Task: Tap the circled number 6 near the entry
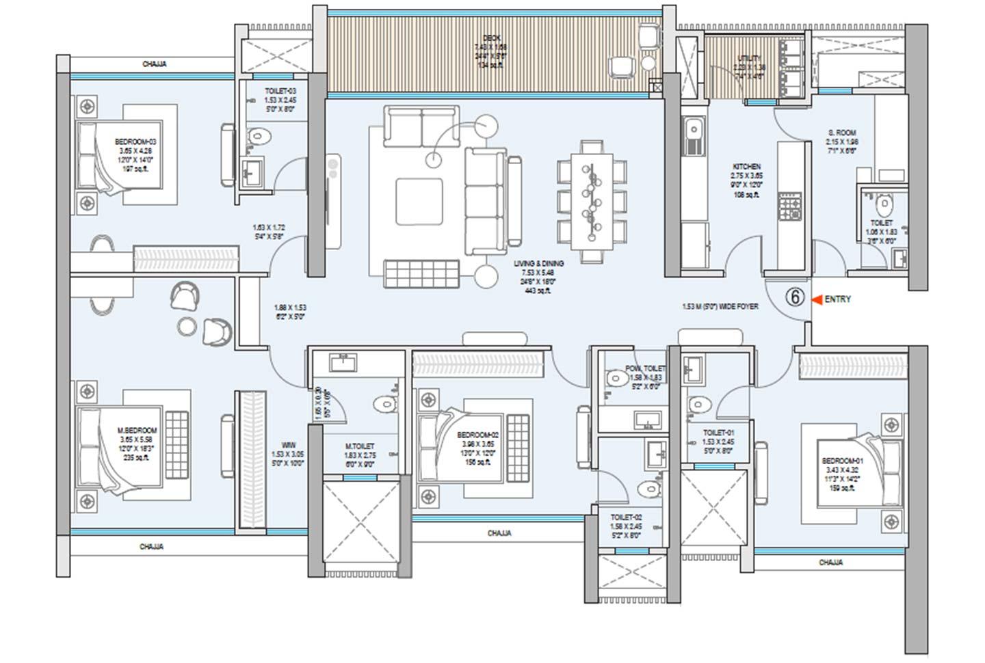[x=794, y=298]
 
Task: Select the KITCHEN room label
[x=746, y=167]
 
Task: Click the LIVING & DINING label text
[x=539, y=263]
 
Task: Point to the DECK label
[x=491, y=38]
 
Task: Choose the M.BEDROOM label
[x=137, y=431]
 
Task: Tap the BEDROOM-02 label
[x=477, y=435]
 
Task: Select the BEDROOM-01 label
[x=842, y=461]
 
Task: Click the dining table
[x=592, y=201]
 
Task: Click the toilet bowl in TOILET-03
[x=255, y=134]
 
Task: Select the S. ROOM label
[x=841, y=133]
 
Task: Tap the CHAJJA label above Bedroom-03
[x=154, y=64]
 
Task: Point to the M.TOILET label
[x=360, y=446]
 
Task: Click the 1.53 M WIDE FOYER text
[x=720, y=307]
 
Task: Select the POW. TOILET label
[x=644, y=368]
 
